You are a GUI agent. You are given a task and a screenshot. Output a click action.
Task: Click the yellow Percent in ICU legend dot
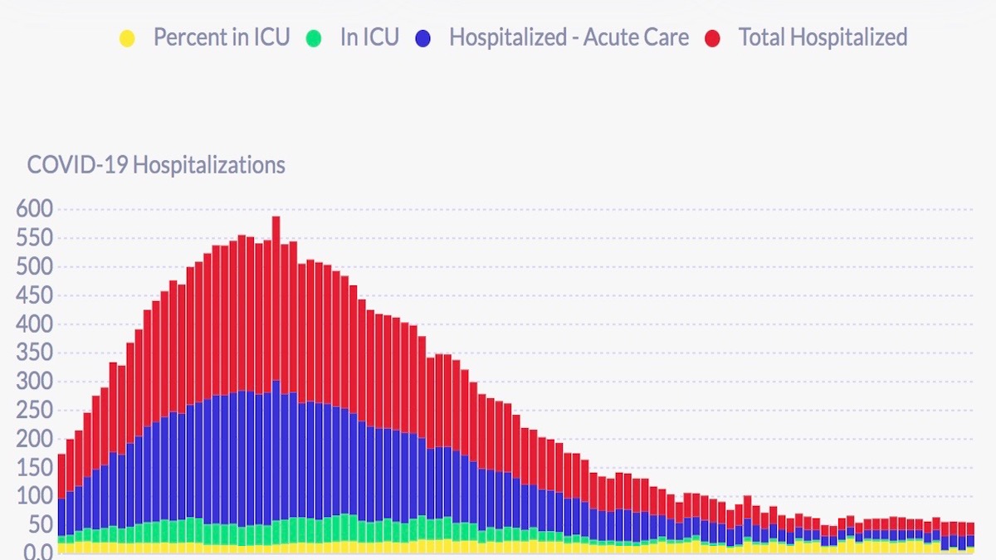point(127,38)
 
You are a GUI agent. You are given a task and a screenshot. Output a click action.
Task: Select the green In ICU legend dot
point(313,38)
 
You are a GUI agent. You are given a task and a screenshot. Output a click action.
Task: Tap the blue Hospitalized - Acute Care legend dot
point(422,38)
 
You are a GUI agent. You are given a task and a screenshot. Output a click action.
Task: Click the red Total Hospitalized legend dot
point(712,38)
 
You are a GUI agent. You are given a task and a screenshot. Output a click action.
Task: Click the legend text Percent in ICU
point(222,37)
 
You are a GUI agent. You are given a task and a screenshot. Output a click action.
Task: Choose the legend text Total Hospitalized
point(823,37)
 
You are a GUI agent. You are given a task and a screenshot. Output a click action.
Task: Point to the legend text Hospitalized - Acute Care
point(569,37)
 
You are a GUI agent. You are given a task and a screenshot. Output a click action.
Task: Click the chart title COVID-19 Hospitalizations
point(156,165)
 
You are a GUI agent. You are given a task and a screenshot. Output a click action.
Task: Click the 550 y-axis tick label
point(33,239)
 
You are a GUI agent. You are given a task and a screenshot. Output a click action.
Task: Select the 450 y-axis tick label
point(33,296)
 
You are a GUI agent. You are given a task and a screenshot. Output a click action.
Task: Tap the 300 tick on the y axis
point(33,382)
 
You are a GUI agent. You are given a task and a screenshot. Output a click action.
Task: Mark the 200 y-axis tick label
point(33,440)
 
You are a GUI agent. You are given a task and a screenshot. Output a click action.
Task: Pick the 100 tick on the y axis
point(33,497)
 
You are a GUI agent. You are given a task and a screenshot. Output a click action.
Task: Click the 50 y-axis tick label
point(38,525)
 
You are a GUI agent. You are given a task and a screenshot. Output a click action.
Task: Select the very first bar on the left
point(61,498)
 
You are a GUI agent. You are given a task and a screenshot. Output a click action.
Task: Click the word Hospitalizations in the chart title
point(208,165)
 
